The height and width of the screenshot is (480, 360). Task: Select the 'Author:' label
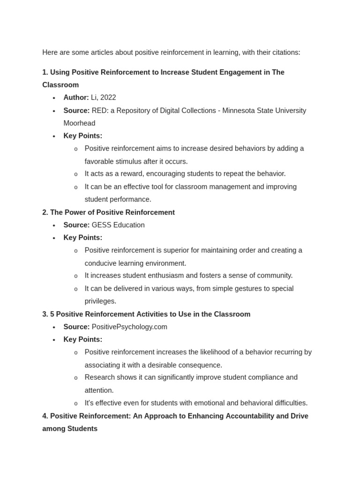tap(76, 97)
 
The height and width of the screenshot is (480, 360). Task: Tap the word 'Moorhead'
tap(79, 123)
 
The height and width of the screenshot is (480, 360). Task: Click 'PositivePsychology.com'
tap(129, 327)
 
